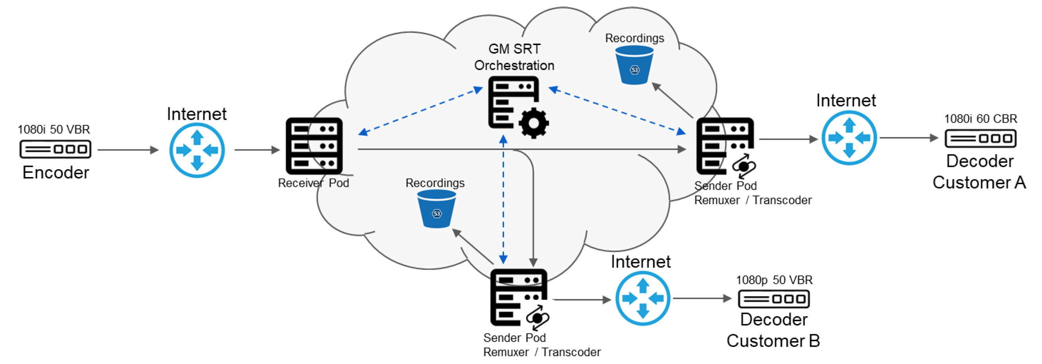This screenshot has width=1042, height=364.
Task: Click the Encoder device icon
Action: click(x=56, y=149)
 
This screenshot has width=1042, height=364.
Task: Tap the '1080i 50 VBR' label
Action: click(x=54, y=130)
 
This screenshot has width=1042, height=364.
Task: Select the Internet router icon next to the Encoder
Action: click(x=197, y=150)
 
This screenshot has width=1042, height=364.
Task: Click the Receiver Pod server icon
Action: click(x=314, y=146)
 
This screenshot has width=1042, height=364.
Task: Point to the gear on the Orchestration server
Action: click(x=534, y=123)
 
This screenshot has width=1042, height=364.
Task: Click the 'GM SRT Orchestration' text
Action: click(x=514, y=57)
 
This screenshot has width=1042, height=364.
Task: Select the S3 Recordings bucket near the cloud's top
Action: click(x=634, y=65)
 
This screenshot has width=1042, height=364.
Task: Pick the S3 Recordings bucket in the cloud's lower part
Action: click(x=436, y=209)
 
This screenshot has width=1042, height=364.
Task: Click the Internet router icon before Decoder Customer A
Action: click(x=849, y=138)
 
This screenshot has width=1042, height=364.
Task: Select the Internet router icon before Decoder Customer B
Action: click(x=643, y=299)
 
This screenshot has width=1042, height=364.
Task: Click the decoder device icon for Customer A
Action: click(x=980, y=138)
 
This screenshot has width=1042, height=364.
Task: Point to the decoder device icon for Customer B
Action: click(x=773, y=299)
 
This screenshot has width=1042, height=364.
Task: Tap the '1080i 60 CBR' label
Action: click(x=980, y=119)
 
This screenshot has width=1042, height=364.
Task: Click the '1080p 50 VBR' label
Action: click(x=774, y=280)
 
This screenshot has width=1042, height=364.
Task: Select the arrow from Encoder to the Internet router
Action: click(x=128, y=150)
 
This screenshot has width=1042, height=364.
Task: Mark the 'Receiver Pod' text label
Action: click(x=313, y=183)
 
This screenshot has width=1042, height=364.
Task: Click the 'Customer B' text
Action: click(x=773, y=341)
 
